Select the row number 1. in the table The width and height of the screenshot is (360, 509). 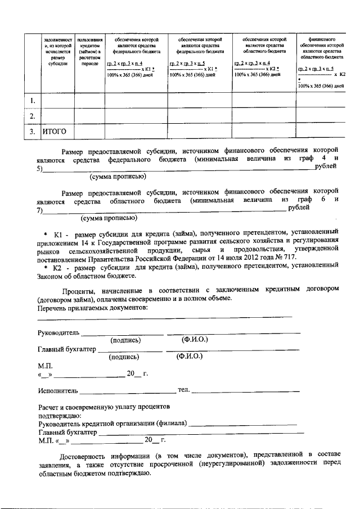(x=34, y=101)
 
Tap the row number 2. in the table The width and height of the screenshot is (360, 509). (x=34, y=116)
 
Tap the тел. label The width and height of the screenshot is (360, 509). (x=183, y=390)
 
